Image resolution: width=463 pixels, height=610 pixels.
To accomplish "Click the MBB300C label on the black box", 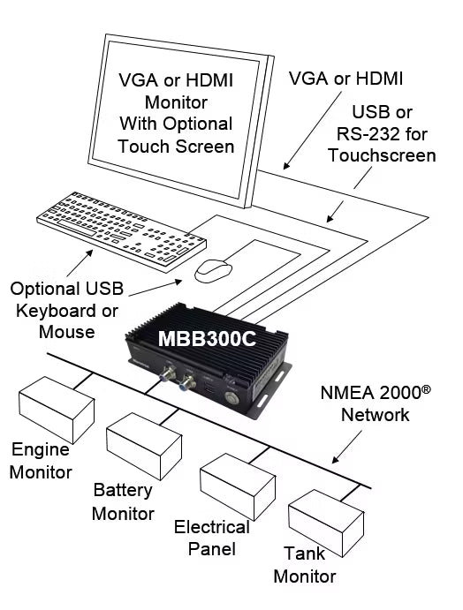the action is click(207, 338).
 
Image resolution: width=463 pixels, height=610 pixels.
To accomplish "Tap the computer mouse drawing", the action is click(213, 270).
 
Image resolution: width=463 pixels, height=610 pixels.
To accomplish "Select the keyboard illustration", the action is click(122, 231).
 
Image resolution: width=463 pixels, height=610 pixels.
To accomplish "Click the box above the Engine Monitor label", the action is click(57, 410).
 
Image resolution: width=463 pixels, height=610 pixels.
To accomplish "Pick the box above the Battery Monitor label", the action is click(144, 446).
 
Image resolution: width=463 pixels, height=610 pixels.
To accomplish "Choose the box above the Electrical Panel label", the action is click(238, 486).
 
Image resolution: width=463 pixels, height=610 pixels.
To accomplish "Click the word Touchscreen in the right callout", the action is click(382, 155).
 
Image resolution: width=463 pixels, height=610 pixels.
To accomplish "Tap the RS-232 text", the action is click(368, 134).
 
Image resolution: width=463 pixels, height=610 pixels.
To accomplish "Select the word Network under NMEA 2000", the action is click(376, 415).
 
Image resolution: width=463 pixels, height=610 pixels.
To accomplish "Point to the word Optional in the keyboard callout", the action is click(45, 289).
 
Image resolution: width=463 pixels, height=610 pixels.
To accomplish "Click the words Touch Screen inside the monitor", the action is click(176, 147).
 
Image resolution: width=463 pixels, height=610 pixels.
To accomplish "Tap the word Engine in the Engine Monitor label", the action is click(41, 450).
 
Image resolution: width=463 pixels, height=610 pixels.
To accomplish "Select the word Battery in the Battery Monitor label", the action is click(123, 491).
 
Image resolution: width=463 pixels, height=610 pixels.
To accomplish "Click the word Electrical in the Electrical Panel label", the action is click(212, 528).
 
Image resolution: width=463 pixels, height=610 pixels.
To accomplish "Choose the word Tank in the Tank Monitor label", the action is click(304, 554).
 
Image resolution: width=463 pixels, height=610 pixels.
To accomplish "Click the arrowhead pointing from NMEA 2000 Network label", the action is click(335, 460).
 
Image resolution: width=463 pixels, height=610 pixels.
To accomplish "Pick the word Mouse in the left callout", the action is click(67, 332).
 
